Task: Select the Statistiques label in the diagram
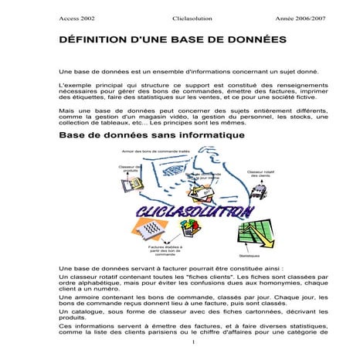(250, 256)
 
